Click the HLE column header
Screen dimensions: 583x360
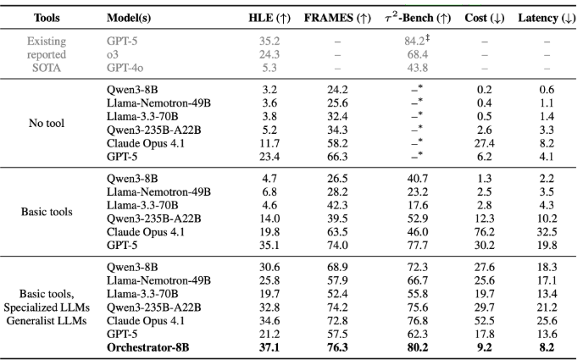click(269, 18)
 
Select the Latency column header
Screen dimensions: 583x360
click(547, 18)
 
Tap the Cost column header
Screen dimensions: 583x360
click(484, 18)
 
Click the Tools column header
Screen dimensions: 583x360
click(47, 18)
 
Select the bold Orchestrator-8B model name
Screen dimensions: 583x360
click(147, 347)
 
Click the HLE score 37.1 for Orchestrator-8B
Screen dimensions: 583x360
click(269, 347)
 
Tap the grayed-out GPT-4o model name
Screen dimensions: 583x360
click(125, 68)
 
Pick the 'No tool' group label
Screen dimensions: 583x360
click(47, 123)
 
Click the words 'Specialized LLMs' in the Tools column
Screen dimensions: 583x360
click(47, 307)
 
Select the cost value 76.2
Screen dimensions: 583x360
click(484, 232)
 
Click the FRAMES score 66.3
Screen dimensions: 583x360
click(337, 157)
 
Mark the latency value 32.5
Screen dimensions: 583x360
click(547, 232)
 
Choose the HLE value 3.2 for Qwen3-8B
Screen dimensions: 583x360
click(269, 90)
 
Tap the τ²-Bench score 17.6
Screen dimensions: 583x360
click(417, 205)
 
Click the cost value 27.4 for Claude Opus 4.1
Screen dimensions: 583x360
click(484, 143)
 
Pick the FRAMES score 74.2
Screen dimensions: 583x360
click(337, 307)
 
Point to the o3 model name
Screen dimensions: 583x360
click(113, 54)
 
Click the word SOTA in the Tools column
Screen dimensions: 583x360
click(47, 68)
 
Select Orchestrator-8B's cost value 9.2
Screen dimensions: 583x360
click(484, 347)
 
